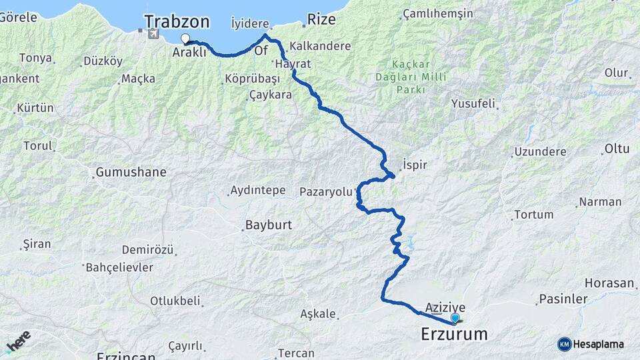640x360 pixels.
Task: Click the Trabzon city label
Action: tap(177, 21)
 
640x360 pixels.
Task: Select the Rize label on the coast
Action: tap(322, 19)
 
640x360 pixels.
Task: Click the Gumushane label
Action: tap(131, 172)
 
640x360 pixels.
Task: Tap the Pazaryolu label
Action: tap(325, 191)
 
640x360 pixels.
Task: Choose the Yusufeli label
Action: tap(473, 104)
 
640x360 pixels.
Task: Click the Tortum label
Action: tap(534, 215)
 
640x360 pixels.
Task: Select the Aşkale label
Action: tap(317, 314)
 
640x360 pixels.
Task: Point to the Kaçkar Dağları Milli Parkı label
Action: tap(411, 77)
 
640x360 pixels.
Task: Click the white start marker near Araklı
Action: tap(185, 39)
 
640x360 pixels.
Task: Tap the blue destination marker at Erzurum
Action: tap(455, 318)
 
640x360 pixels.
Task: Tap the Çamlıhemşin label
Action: tap(438, 13)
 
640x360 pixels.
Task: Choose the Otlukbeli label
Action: tap(175, 301)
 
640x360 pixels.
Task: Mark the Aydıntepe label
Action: tap(257, 191)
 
